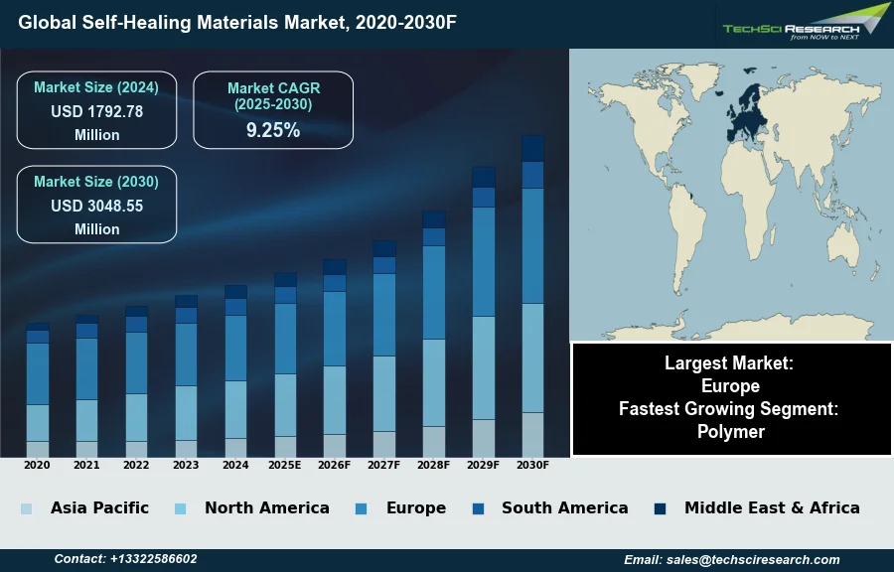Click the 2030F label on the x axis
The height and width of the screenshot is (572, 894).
[532, 465]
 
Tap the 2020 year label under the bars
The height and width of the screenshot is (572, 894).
[37, 465]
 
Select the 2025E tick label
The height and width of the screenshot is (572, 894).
[284, 465]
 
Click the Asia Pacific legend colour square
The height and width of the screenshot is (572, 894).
[26, 508]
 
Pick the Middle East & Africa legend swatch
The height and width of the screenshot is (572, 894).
[660, 508]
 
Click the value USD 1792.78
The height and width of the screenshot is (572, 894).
[96, 112]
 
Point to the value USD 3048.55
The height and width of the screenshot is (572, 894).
[96, 207]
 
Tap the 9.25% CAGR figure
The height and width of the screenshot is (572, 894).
[273, 130]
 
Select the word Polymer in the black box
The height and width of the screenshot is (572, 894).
[731, 431]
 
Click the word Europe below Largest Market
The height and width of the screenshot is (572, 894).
[730, 386]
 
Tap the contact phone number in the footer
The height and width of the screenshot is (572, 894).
[153, 559]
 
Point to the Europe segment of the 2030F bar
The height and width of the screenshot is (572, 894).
[532, 245]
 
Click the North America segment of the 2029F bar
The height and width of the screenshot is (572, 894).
[484, 367]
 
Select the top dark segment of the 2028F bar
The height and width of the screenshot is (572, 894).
[434, 219]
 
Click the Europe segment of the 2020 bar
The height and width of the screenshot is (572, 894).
[38, 373]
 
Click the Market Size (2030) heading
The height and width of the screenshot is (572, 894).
[96, 182]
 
